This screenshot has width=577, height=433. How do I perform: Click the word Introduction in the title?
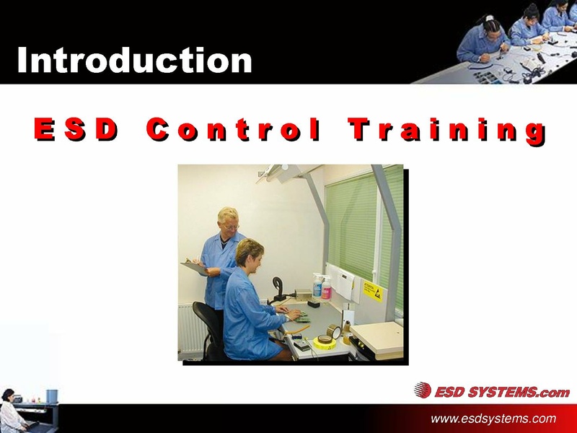(x=134, y=60)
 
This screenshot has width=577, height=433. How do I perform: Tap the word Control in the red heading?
(x=232, y=130)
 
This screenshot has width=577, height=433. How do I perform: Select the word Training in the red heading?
(x=446, y=131)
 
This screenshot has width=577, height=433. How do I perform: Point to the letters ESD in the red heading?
(x=74, y=130)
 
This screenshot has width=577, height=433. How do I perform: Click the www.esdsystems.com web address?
(x=493, y=419)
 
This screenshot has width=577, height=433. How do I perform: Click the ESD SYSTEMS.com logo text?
(x=501, y=392)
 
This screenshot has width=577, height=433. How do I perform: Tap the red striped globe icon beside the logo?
(x=423, y=390)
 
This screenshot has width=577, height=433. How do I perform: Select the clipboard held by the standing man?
(x=194, y=268)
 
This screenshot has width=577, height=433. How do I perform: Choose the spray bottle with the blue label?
(x=317, y=287)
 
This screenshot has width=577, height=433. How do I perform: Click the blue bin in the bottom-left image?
(x=51, y=396)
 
